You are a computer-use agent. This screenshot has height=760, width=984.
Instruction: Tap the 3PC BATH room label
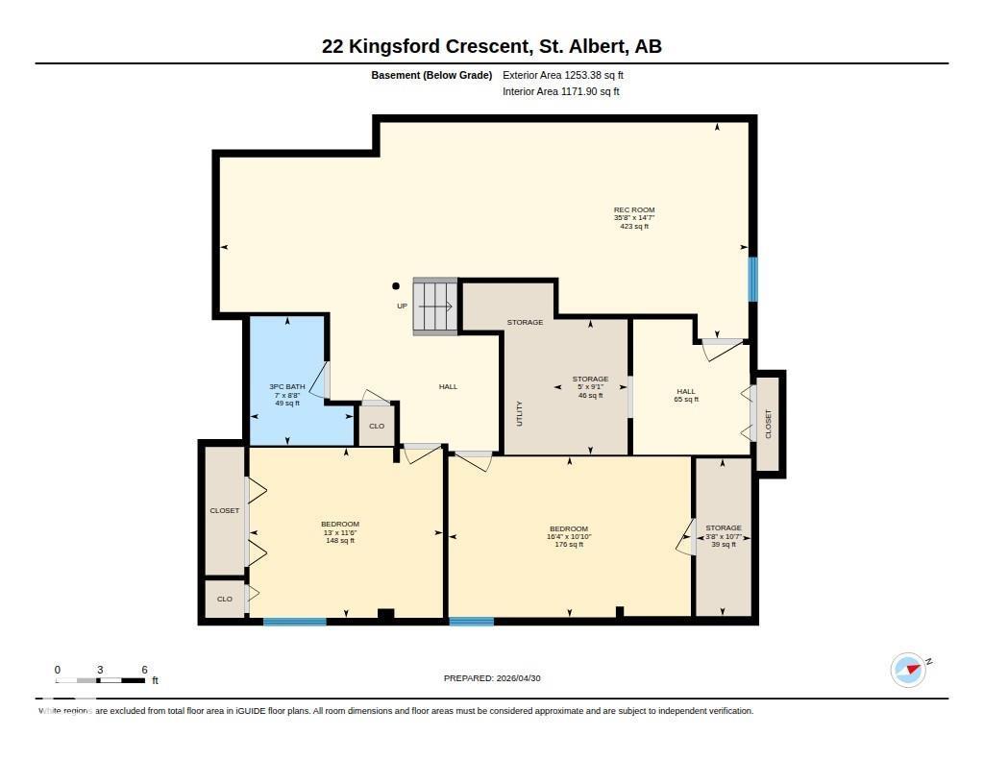pyautogui.click(x=287, y=395)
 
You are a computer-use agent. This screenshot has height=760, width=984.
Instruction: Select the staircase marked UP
pyautogui.click(x=435, y=306)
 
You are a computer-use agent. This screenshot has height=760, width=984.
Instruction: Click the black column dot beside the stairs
pyautogui.click(x=395, y=285)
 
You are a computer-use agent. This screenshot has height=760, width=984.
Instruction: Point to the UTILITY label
pyautogui.click(x=520, y=413)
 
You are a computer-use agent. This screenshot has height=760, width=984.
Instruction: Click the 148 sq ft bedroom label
pyautogui.click(x=340, y=532)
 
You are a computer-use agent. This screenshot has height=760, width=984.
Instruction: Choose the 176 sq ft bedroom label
pyautogui.click(x=569, y=536)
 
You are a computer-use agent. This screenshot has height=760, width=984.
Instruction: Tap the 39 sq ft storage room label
pyautogui.click(x=723, y=536)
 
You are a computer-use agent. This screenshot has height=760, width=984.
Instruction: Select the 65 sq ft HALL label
pyautogui.click(x=686, y=395)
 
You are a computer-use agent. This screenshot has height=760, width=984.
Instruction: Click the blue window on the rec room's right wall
pyautogui.click(x=752, y=279)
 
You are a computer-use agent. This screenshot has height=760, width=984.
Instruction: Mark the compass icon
pyautogui.click(x=909, y=670)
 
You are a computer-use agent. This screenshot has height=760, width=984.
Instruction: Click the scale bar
pyautogui.click(x=100, y=680)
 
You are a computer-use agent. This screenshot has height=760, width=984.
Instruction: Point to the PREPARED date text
pyautogui.click(x=492, y=678)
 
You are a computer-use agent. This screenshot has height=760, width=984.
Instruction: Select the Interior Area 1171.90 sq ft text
pyautogui.click(x=560, y=92)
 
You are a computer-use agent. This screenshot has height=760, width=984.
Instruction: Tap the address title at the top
pyautogui.click(x=491, y=46)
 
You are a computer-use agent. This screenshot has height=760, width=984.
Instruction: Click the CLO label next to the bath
pyautogui.click(x=377, y=426)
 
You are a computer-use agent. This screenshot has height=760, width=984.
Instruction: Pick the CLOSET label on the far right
pyautogui.click(x=768, y=424)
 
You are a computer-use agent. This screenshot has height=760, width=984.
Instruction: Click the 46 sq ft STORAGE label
pyautogui.click(x=590, y=387)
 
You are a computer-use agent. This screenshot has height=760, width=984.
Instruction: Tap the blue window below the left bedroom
pyautogui.click(x=295, y=622)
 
